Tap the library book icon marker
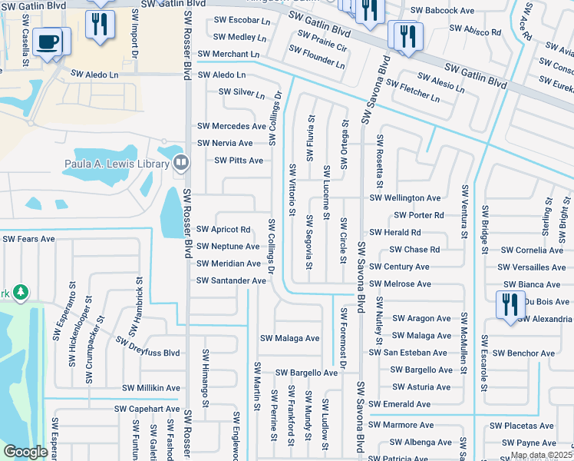180,161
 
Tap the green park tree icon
21,293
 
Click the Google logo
26,452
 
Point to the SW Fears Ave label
28,239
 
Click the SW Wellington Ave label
405,198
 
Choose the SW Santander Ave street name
231,280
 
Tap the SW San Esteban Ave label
407,353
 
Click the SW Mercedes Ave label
231,126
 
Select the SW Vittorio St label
292,190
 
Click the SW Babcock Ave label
443,11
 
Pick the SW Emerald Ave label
399,404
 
